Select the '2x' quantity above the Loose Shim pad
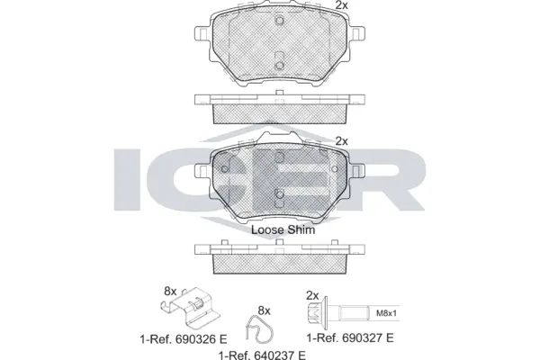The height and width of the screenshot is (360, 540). coord(341,140)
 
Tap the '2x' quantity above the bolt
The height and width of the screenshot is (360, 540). coord(312,295)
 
